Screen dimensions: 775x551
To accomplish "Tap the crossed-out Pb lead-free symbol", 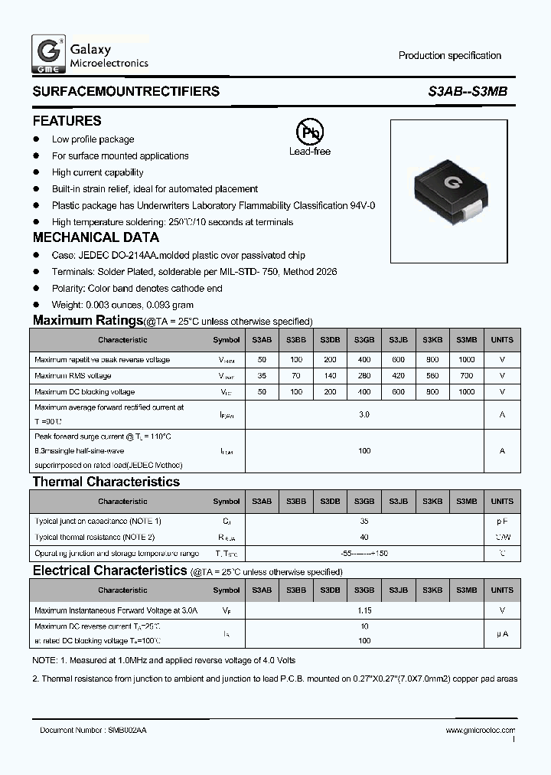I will tap(309, 133).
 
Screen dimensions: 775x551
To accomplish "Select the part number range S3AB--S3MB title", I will tap(467, 92).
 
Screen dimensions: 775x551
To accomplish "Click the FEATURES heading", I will tap(67, 121).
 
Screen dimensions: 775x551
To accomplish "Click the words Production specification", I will tap(450, 56).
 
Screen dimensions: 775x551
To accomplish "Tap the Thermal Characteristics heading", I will tap(106, 482).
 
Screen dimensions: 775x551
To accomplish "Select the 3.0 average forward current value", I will tap(364, 414).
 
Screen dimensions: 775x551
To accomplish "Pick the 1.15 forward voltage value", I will tap(364, 610).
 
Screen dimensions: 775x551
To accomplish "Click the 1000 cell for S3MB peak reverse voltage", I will tap(466, 360).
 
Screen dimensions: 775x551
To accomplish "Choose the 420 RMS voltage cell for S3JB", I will tap(398, 376).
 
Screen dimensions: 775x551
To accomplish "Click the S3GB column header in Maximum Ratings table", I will tap(364, 340).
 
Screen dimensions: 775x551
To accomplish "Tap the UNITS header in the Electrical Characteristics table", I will tap(502, 590).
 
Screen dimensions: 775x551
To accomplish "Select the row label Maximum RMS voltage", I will tap(73, 376).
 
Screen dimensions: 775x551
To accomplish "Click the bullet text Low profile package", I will tap(93, 139).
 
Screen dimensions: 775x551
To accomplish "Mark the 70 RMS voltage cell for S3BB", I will tap(296, 376).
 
